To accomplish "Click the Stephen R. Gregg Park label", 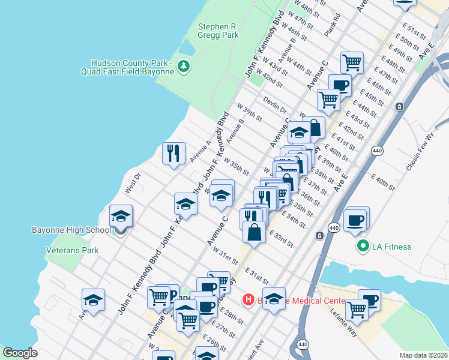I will tap(218, 31).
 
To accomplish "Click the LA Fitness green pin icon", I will tap(363, 246).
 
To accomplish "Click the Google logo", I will tap(20, 353).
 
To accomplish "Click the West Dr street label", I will tap(133, 183).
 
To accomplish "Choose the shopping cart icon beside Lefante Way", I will tap(357, 308).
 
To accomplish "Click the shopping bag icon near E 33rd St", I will tap(255, 231).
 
